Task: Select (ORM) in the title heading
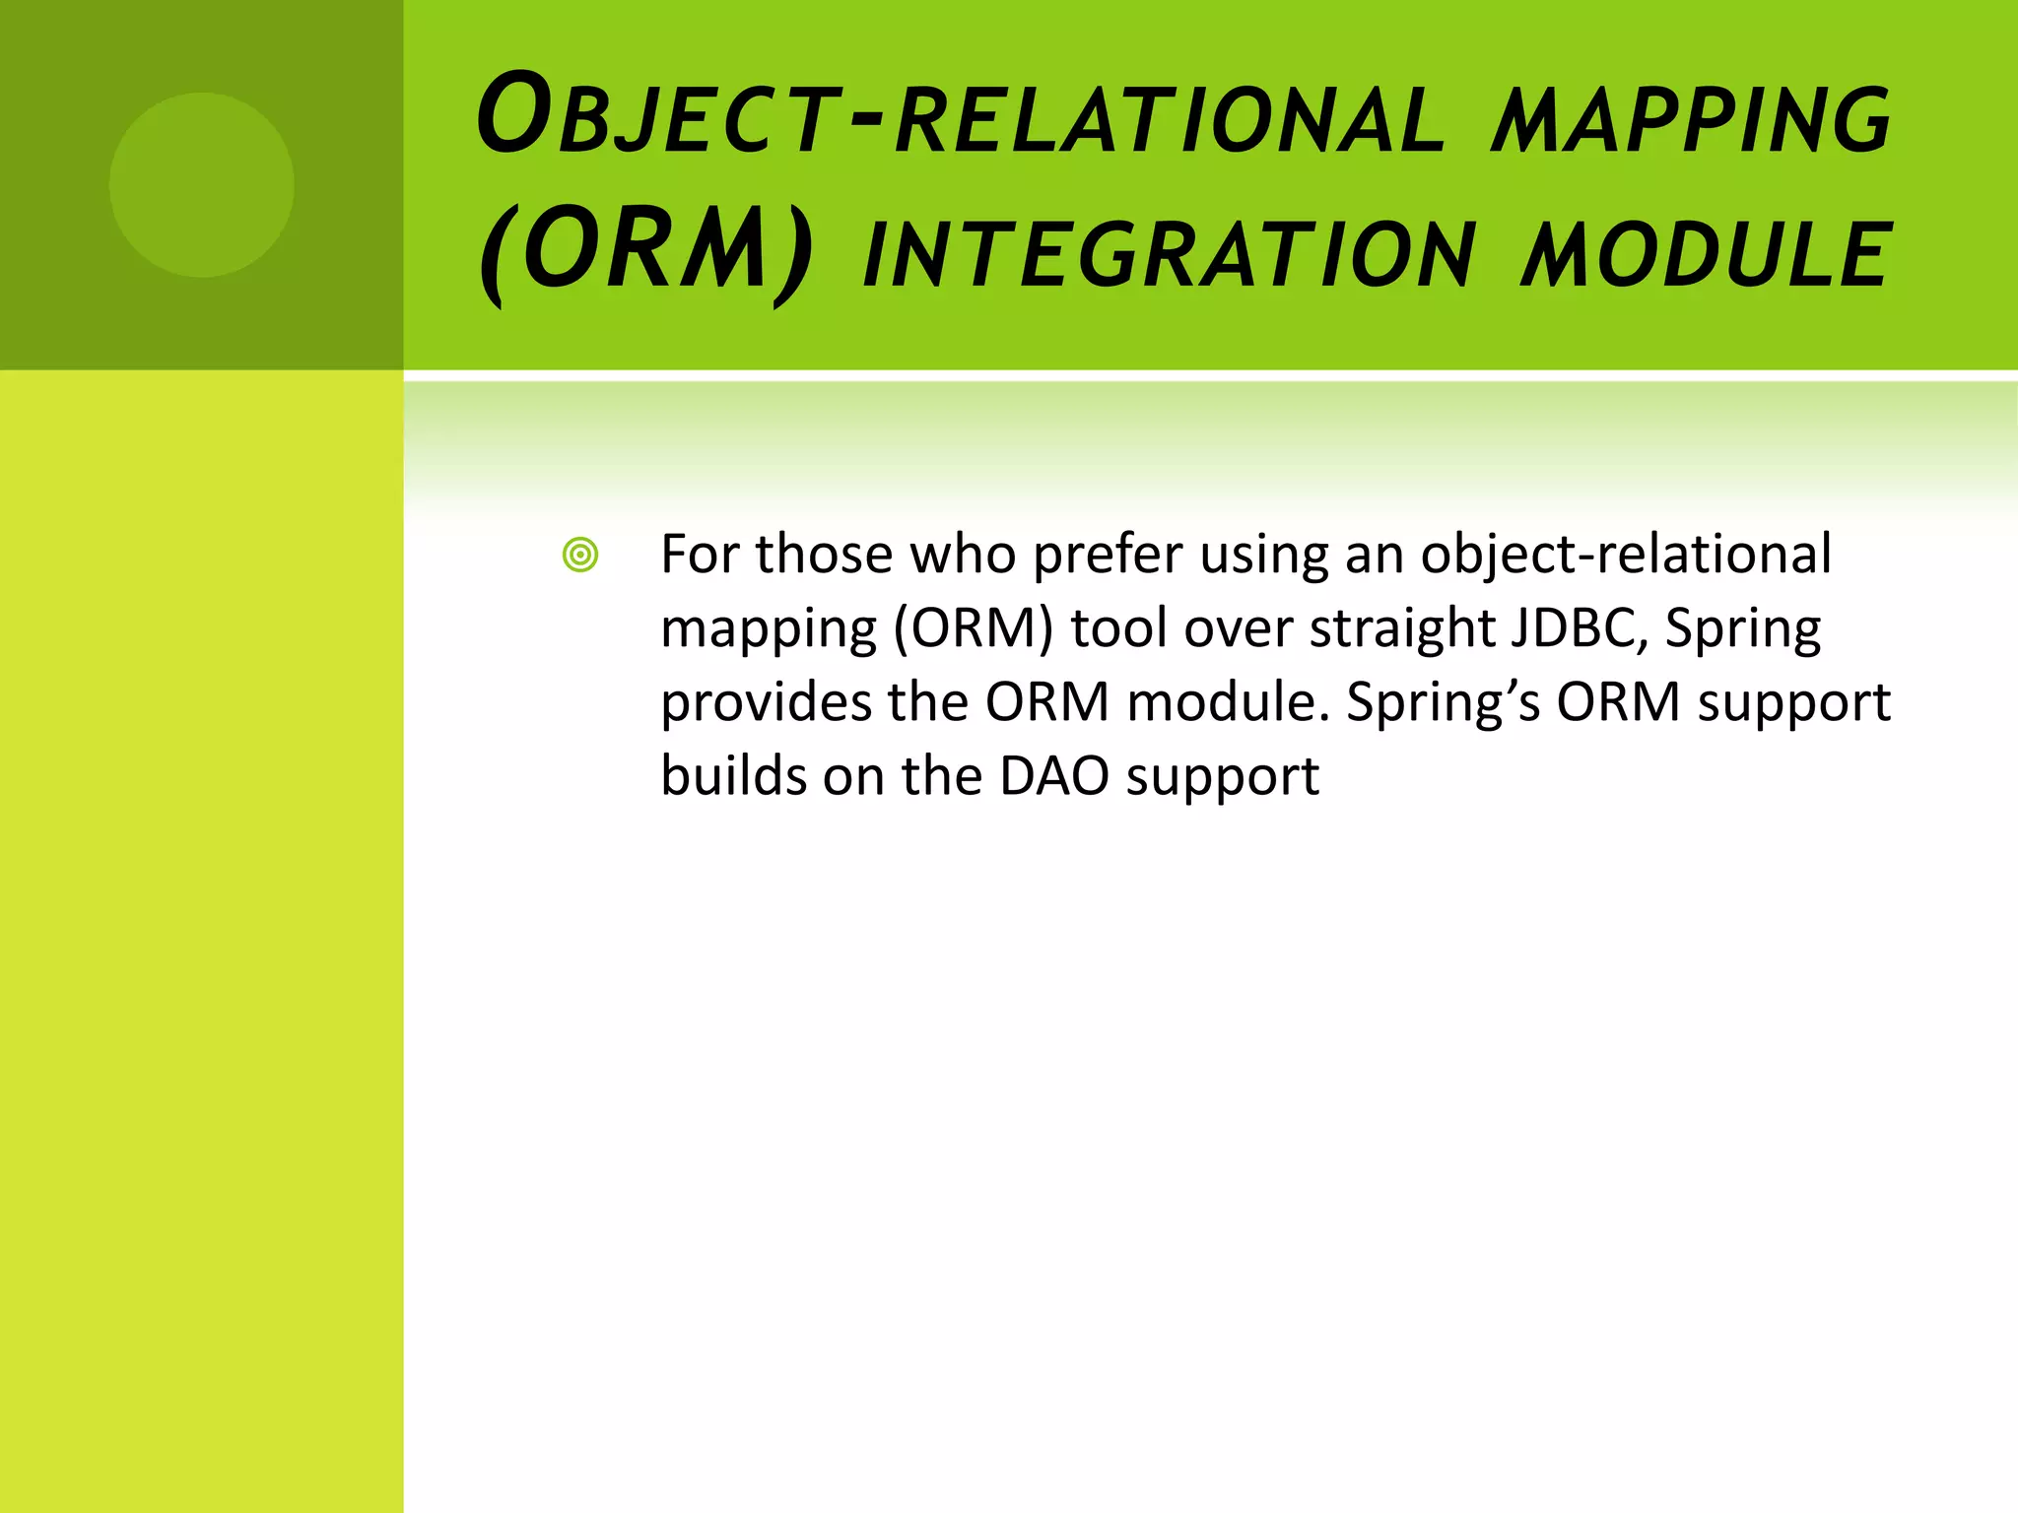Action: coord(646,251)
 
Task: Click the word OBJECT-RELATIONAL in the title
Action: coord(961,118)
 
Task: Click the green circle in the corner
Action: coord(201,184)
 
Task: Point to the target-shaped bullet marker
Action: coord(580,556)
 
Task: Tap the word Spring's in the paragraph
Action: coord(1443,702)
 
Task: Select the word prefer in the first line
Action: coord(1108,556)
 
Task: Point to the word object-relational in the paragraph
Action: coord(1626,555)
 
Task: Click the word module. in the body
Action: coord(1228,702)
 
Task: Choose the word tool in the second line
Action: coord(1119,628)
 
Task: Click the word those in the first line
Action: coord(824,555)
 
